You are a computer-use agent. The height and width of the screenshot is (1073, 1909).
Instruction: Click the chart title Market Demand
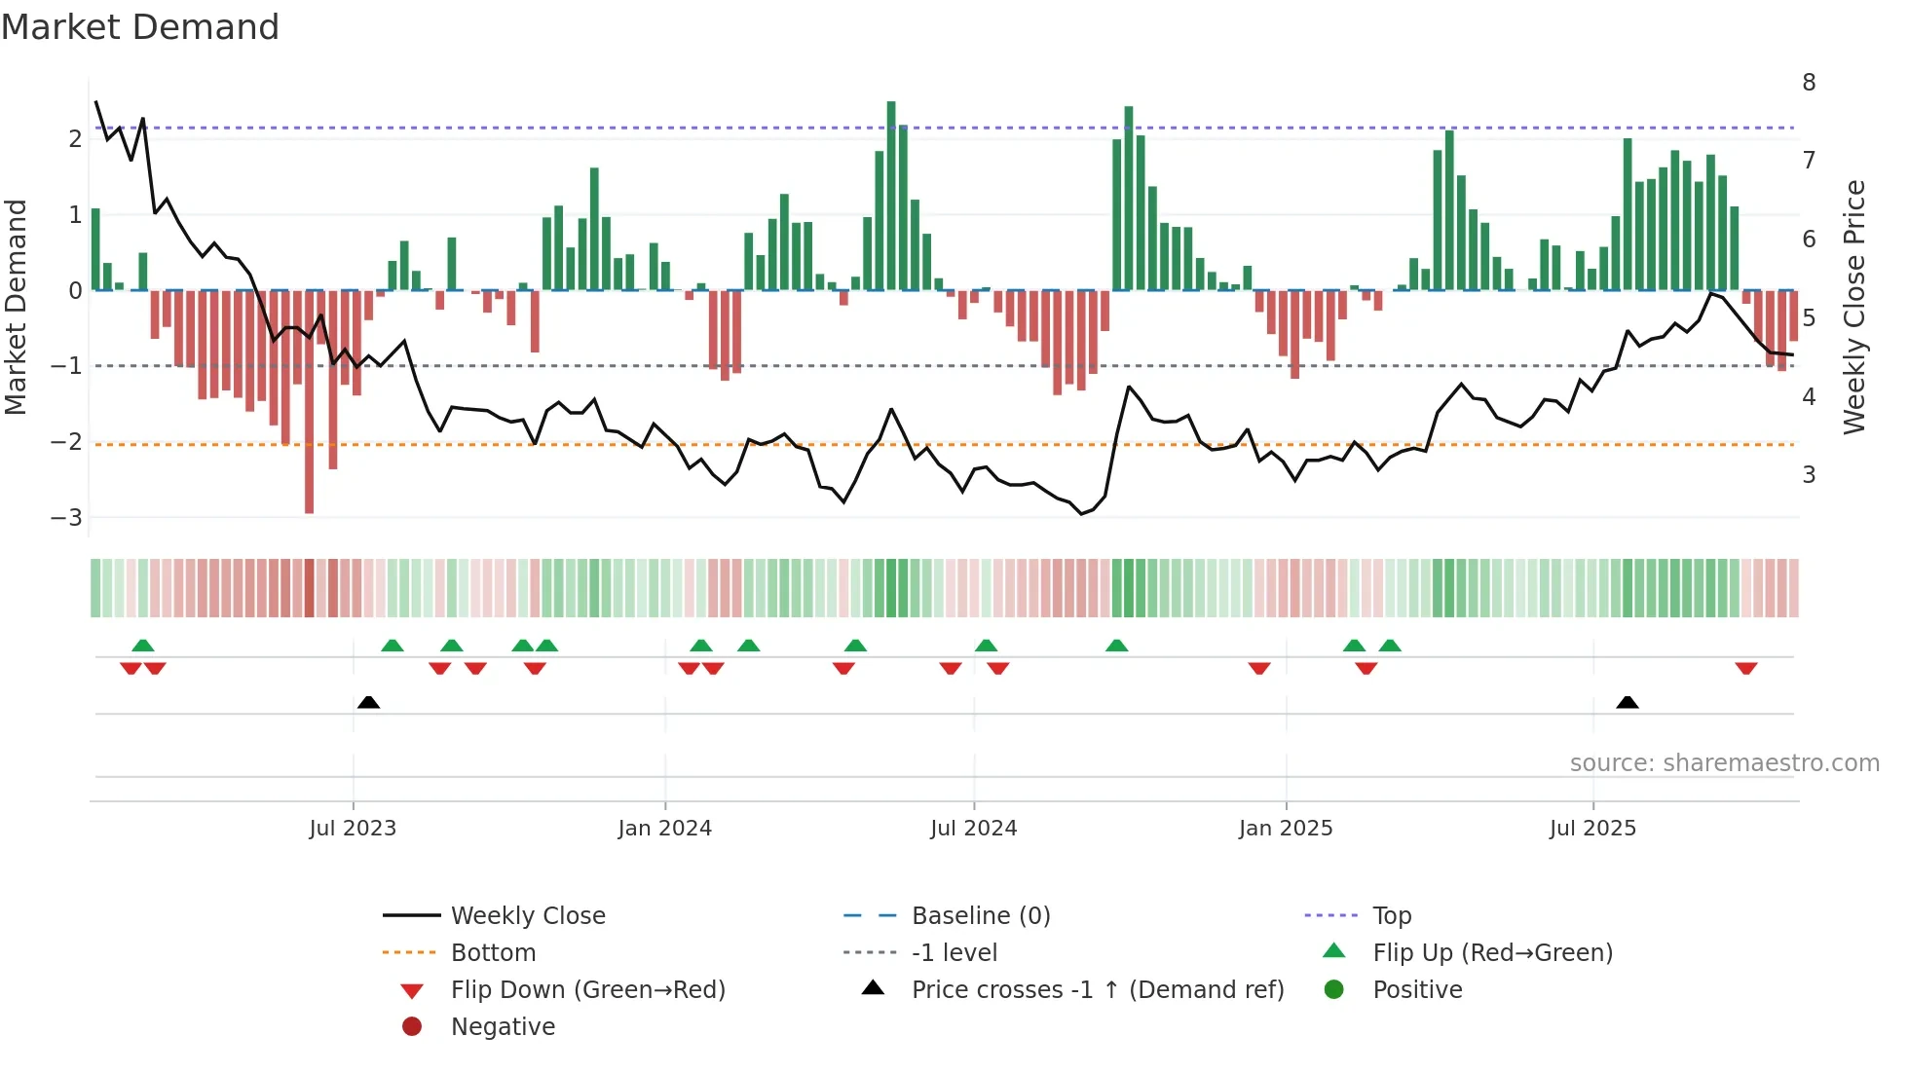coord(140,27)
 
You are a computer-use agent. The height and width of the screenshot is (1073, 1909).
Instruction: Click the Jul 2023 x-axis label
coord(353,829)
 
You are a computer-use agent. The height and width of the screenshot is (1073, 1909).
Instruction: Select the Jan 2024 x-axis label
coord(664,829)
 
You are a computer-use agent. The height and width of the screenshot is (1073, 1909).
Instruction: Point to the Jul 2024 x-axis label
coord(973,829)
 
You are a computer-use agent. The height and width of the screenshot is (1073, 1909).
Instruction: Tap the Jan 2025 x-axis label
coord(1286,829)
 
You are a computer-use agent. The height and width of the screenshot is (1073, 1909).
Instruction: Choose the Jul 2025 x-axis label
coord(1592,829)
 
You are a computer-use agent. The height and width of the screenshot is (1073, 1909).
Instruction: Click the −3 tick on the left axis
coord(66,518)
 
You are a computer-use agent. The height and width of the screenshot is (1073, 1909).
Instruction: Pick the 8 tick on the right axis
coord(1809,83)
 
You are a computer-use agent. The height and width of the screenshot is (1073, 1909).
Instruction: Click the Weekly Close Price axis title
coord(1853,307)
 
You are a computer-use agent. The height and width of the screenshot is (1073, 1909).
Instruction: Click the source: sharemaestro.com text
coord(1724,763)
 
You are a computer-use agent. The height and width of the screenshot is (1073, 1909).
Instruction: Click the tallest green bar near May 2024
coord(891,195)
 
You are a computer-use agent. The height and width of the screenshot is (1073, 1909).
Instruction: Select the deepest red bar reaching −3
coord(310,401)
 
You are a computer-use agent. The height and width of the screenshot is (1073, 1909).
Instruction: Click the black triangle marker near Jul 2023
coord(368,702)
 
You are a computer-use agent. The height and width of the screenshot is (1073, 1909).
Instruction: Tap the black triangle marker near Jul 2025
coord(1627,702)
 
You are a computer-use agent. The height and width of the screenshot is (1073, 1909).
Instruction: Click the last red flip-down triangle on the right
coord(1745,669)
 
